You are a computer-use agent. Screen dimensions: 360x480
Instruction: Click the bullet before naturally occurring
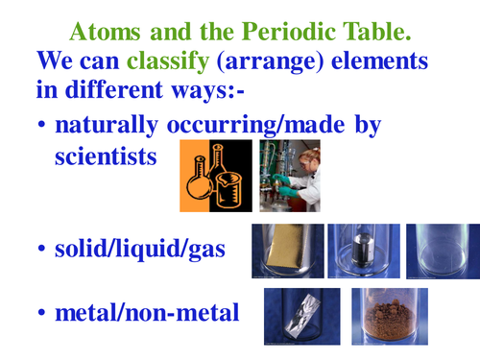42,127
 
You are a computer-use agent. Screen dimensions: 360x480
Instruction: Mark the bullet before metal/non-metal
42,316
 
